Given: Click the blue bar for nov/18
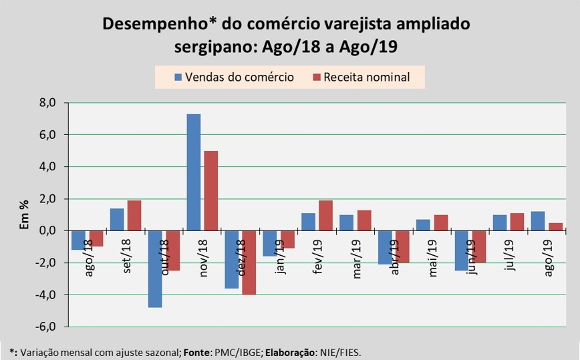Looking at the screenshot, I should [x=194, y=172].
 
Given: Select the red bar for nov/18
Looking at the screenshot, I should [x=210, y=191].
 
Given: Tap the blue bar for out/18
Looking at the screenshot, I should [x=156, y=268].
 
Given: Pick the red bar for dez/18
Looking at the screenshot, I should [x=249, y=262].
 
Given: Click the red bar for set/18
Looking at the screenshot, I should [x=134, y=216].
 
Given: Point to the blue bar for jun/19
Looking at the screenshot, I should [x=460, y=250].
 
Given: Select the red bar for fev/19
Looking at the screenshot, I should [x=325, y=216].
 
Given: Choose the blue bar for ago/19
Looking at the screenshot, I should [x=537, y=221].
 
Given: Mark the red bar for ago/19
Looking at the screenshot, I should [x=555, y=226].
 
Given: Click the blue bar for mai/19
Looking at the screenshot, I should [x=422, y=225].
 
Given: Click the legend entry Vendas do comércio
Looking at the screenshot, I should [x=234, y=77].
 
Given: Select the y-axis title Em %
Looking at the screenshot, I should [x=24, y=214].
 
